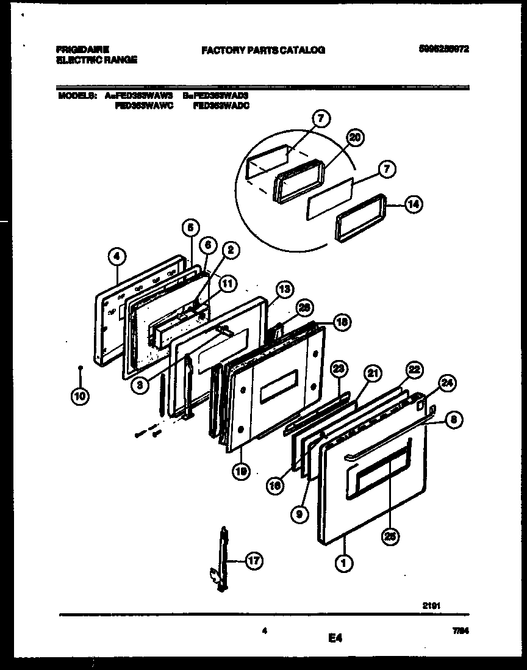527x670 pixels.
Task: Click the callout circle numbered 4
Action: pos(117,258)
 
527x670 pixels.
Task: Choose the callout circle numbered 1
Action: pos(344,564)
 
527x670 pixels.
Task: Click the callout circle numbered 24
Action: pos(447,384)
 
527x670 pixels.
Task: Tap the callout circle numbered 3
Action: pos(140,386)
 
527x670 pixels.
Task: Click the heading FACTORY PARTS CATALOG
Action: pos(263,50)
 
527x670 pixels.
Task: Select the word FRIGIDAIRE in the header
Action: pos(82,49)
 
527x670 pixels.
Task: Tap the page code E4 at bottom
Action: pos(335,638)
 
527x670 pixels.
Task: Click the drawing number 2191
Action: pos(431,605)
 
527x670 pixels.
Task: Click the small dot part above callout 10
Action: pos(81,368)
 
